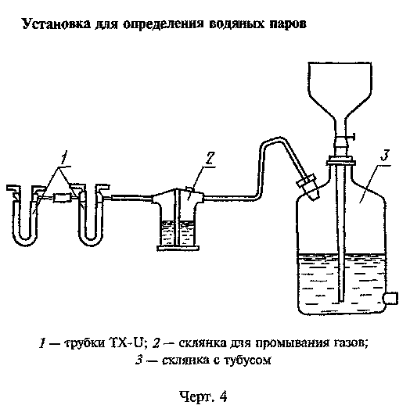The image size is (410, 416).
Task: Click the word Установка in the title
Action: (x=56, y=24)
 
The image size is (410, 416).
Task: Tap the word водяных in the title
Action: (x=237, y=24)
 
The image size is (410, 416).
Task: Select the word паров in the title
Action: (x=288, y=25)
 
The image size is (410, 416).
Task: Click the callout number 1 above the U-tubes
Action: (x=63, y=158)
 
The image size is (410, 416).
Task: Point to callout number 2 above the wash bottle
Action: (x=210, y=159)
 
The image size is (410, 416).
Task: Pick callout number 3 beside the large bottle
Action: (x=385, y=156)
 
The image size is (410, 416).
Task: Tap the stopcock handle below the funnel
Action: (x=351, y=137)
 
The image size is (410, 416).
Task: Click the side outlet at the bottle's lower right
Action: (x=391, y=298)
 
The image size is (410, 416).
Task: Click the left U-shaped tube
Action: (x=25, y=215)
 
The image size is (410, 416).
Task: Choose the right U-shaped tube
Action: (x=91, y=215)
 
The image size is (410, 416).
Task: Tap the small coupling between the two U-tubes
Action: (x=62, y=198)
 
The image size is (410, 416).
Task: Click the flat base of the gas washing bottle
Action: (x=178, y=248)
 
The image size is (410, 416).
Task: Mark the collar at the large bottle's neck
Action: (x=341, y=161)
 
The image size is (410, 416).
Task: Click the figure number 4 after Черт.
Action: (x=223, y=397)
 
